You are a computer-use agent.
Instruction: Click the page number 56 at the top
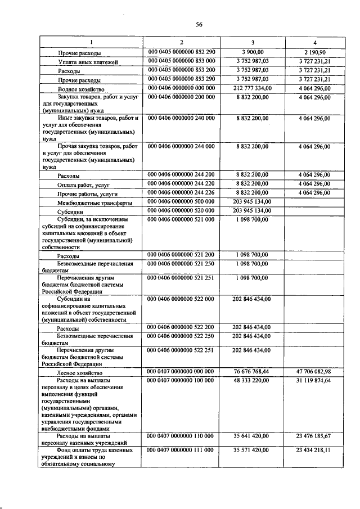point(199,24)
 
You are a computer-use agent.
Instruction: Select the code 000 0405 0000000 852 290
point(182,52)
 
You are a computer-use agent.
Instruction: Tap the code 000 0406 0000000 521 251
point(182,278)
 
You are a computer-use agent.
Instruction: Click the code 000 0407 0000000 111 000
point(182,451)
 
